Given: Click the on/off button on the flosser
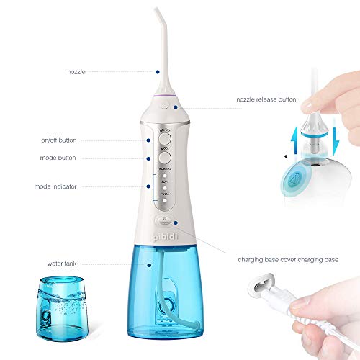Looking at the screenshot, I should pos(164,140).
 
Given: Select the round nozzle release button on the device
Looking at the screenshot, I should pos(166,104).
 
